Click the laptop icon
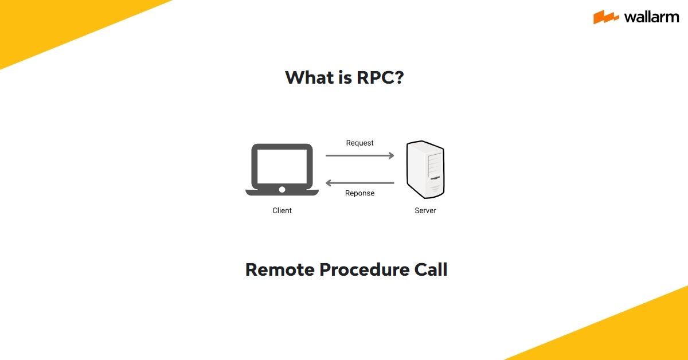(282, 170)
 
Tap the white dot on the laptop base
(282, 189)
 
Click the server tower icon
(425, 170)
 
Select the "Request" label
(359, 143)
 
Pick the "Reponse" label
(359, 193)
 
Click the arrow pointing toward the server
(359, 155)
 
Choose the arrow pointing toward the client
(359, 183)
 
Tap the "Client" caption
(282, 210)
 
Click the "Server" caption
(425, 210)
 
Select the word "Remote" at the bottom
(279, 269)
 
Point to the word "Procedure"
(363, 269)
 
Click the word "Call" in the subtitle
(431, 269)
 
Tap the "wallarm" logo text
(651, 17)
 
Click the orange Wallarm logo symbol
(606, 17)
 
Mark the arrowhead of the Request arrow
(391, 155)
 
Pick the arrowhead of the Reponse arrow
(329, 183)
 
